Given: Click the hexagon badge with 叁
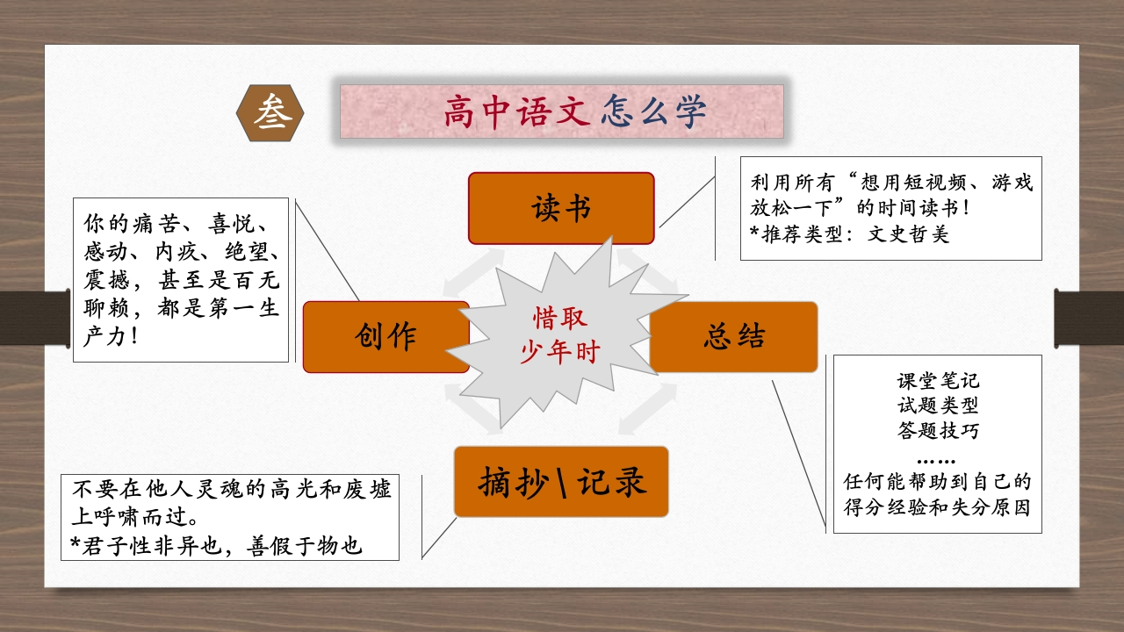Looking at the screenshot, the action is point(270,113).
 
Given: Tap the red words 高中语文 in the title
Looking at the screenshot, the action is point(517,111).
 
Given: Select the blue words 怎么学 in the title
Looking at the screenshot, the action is point(654,111).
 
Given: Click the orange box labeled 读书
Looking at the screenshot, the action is point(561,208).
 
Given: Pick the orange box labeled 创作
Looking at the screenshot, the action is point(385,336).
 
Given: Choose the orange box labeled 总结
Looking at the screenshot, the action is point(733,336).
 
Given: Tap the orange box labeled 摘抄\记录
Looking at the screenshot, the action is point(561,482).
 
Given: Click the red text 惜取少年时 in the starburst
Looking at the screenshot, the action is point(560,334).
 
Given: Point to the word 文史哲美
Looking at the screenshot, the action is point(908,234).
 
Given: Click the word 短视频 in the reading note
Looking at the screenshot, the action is point(913,182).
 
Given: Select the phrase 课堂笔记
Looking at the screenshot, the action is point(938,381).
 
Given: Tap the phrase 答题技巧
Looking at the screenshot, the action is point(938,430).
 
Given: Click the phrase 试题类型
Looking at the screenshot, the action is point(938,406).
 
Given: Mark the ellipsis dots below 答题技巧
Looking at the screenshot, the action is point(936,462).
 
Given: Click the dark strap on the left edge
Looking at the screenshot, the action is point(34,318).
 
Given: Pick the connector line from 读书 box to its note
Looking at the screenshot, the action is point(687,202).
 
